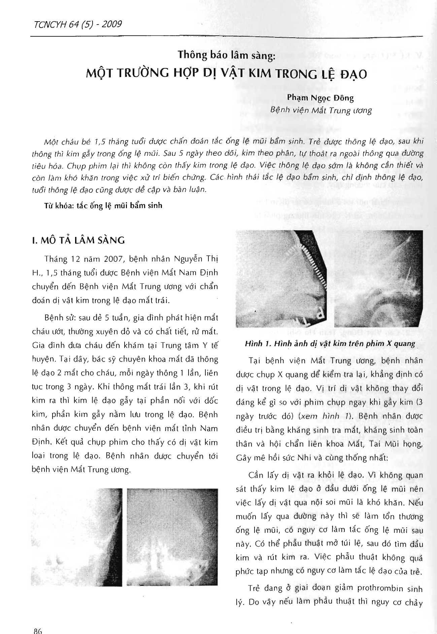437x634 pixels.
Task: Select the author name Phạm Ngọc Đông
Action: pyautogui.click(x=320, y=98)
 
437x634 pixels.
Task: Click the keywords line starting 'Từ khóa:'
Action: pyautogui.click(x=103, y=205)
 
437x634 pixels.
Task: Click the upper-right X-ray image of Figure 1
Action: pyautogui.click(x=378, y=279)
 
